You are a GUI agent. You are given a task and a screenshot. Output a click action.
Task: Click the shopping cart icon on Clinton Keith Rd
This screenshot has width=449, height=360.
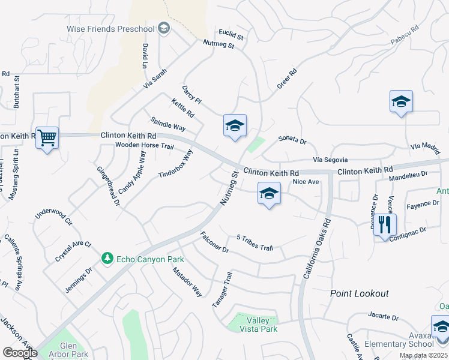click(47, 139)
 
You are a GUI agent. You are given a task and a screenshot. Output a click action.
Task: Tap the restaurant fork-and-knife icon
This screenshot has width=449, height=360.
click(385, 226)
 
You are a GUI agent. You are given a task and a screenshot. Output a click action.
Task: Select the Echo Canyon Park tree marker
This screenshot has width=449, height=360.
click(107, 258)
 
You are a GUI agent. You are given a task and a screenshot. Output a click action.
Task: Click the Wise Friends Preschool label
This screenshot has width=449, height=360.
click(110, 28)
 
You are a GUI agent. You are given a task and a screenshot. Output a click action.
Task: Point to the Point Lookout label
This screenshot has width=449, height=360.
click(360, 293)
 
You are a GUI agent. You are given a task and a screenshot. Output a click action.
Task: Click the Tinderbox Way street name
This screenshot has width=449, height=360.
click(175, 164)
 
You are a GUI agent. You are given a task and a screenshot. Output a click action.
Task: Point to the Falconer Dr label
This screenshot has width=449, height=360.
click(214, 241)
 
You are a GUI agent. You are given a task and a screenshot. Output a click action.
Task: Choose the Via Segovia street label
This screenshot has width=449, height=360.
click(330, 160)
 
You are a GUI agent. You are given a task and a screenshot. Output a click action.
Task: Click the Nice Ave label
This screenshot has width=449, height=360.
click(306, 181)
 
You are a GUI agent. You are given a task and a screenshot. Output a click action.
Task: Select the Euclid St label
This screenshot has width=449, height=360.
click(231, 37)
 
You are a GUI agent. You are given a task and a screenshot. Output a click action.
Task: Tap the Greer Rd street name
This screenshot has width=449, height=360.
click(287, 80)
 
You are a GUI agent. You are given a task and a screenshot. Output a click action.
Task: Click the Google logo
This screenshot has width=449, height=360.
click(20, 353)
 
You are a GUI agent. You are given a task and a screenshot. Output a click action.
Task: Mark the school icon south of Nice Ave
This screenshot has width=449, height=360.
click(270, 194)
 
